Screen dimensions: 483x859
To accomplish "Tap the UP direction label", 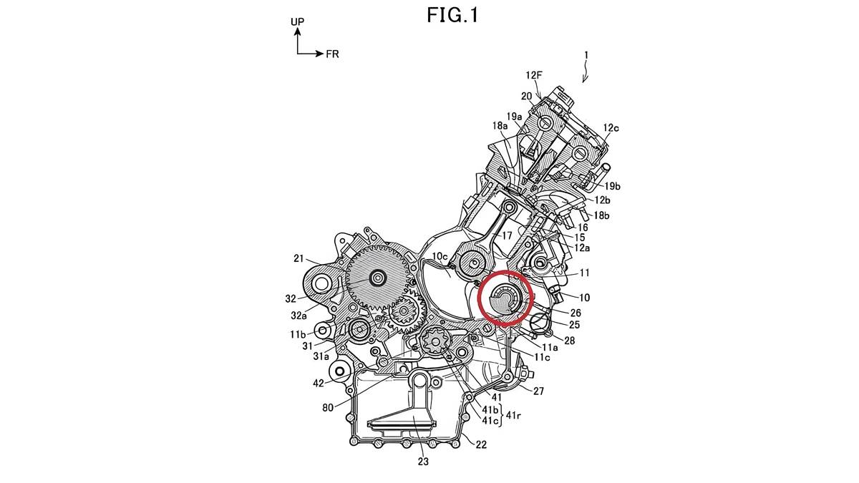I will (x=297, y=22).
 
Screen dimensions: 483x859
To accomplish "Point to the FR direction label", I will (x=332, y=54).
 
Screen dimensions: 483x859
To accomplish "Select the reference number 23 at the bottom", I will (x=423, y=462).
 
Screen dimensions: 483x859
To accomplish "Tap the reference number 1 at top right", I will (x=586, y=54).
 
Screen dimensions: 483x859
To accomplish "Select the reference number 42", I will (x=319, y=383).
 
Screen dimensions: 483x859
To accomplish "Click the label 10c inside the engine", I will (x=438, y=255).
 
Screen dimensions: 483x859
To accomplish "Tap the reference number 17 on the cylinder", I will (x=506, y=234).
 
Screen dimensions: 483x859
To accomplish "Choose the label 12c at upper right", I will (x=611, y=128).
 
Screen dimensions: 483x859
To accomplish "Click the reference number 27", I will (x=538, y=391).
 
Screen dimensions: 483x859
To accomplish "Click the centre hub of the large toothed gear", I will (x=377, y=277).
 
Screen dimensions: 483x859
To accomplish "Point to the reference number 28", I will (x=569, y=341).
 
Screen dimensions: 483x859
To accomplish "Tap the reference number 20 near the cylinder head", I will (x=526, y=97).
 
